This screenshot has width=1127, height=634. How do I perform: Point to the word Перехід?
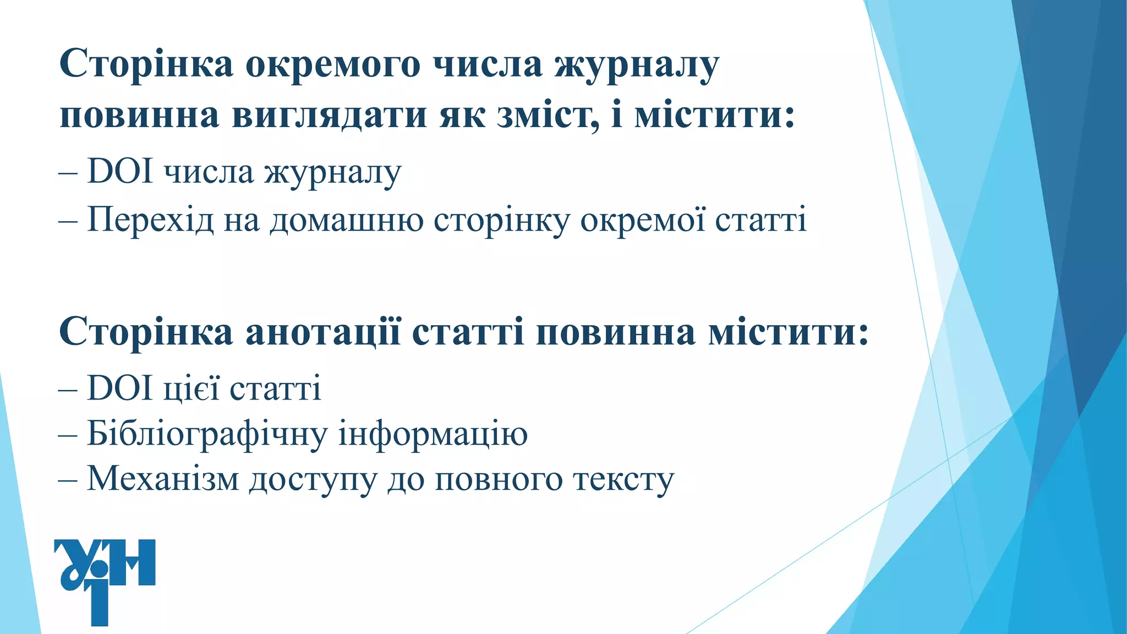point(150,220)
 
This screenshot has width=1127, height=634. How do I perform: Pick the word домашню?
point(347,220)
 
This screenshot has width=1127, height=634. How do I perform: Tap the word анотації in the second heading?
point(323,332)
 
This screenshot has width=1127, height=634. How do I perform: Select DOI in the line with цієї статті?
point(120,388)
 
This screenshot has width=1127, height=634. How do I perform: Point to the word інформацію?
point(433,434)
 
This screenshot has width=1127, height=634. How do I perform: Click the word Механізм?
point(163,479)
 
